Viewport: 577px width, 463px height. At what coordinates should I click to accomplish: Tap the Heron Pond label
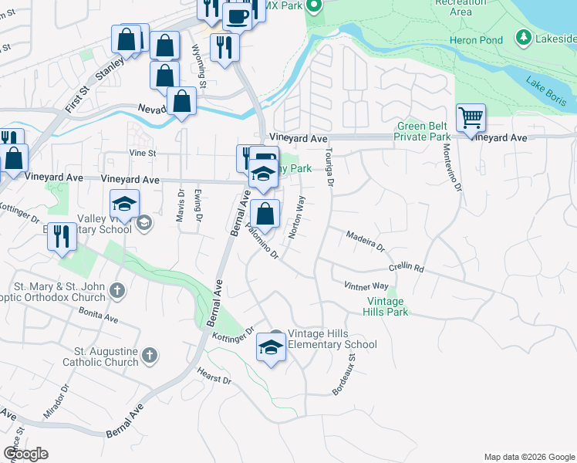475,40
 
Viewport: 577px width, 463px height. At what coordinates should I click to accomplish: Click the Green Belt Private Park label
423,131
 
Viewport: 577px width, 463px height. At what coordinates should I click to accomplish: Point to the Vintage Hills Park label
386,306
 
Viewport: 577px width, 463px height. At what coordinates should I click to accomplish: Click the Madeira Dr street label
365,241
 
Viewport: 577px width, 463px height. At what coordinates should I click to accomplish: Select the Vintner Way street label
366,286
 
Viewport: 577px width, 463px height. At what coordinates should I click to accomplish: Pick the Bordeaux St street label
344,375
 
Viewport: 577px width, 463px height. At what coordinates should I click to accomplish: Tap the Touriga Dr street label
329,167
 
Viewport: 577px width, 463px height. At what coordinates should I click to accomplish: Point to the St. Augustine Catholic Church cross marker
150,356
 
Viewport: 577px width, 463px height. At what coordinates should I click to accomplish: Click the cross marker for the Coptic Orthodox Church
116,291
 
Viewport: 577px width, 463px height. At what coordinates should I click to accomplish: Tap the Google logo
25,454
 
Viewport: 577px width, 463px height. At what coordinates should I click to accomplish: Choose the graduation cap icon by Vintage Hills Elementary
271,348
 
